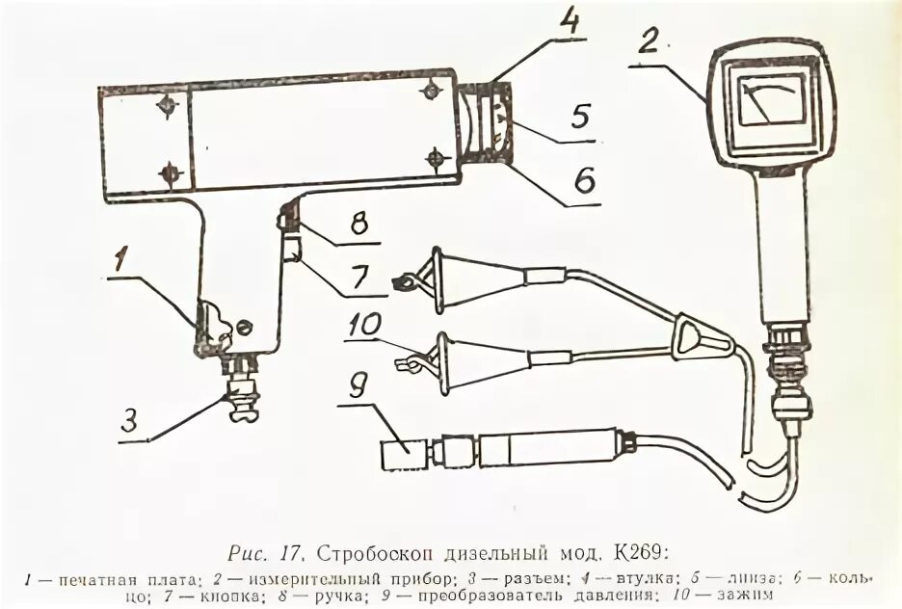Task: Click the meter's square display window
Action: click(x=768, y=104)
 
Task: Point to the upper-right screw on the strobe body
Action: click(x=430, y=91)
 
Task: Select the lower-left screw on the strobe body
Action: click(x=171, y=173)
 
